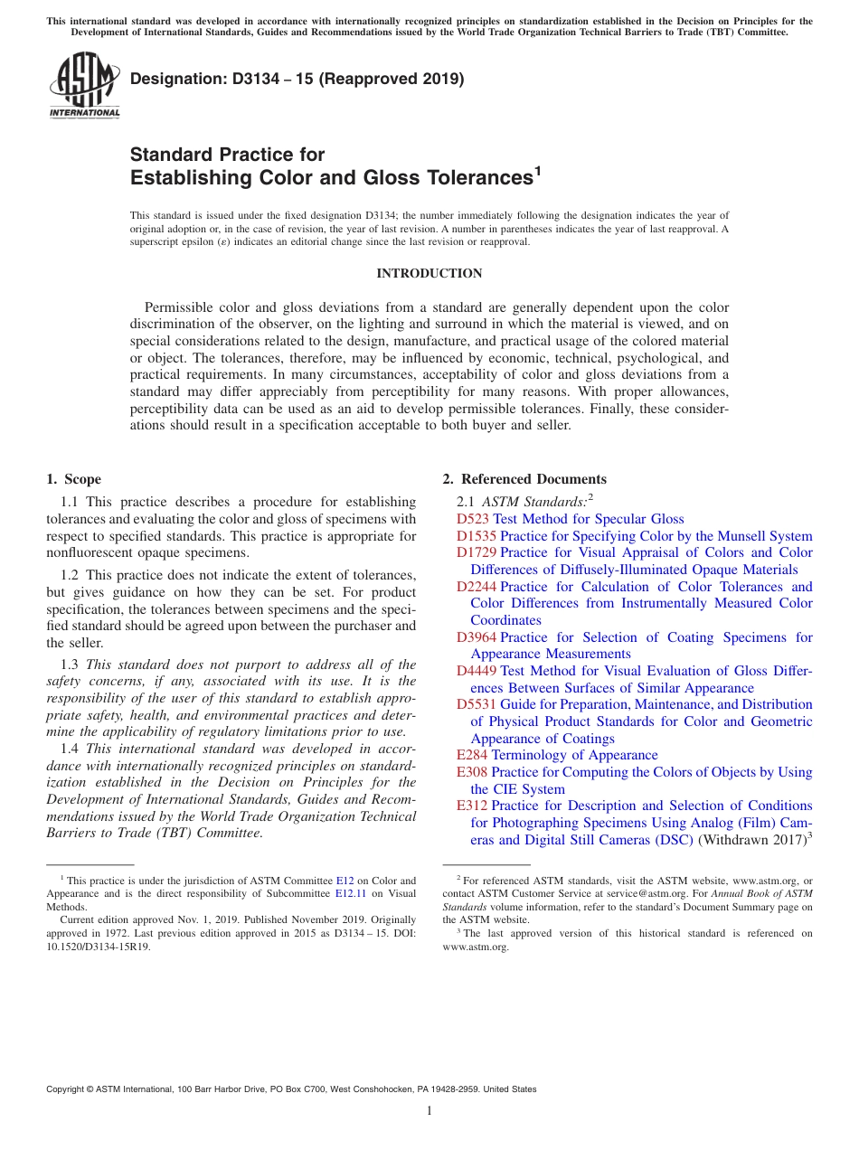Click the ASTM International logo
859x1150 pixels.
click(x=84, y=85)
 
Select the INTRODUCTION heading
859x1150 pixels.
click(x=429, y=273)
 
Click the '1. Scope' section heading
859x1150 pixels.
click(x=74, y=479)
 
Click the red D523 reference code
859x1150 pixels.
click(x=473, y=519)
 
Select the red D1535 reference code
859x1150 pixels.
click(x=477, y=536)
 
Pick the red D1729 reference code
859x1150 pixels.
click(x=477, y=552)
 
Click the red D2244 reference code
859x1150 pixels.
click(x=477, y=587)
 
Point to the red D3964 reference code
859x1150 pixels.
click(x=477, y=637)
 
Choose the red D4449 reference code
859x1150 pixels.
click(x=477, y=671)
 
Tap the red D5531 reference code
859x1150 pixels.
click(x=477, y=704)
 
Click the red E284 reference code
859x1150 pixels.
click(x=472, y=755)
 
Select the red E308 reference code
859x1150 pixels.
click(x=472, y=772)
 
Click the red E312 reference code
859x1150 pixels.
click(x=472, y=806)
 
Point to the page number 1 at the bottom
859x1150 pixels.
click(x=429, y=1111)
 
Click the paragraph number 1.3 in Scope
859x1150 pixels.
click(x=71, y=665)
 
